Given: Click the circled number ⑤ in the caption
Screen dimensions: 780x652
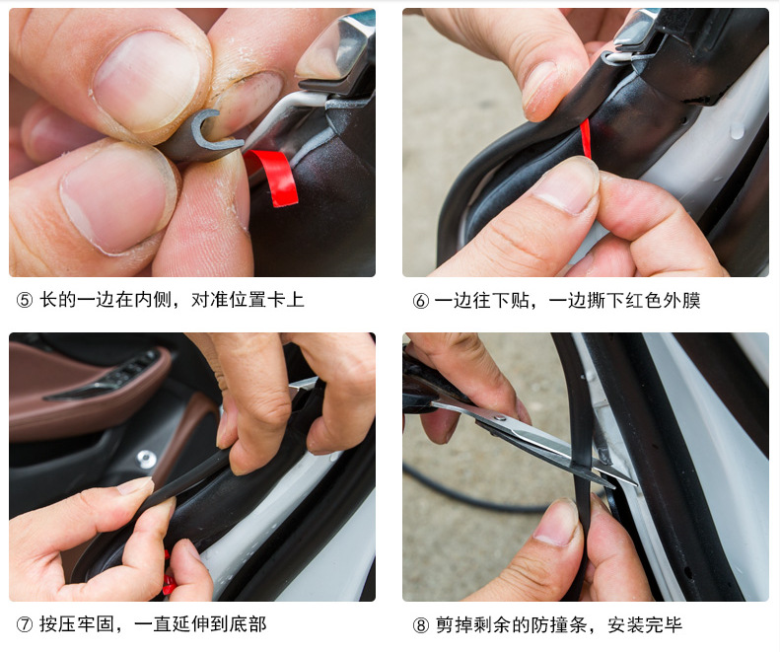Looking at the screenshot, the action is click(x=25, y=300).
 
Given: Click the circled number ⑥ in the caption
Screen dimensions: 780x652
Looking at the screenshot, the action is click(x=420, y=301).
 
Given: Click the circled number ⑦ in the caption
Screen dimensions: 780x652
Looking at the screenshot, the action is click(x=25, y=624).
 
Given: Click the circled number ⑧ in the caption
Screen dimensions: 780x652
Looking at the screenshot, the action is click(x=420, y=625).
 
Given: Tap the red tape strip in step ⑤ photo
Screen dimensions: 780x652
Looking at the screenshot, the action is click(x=275, y=177).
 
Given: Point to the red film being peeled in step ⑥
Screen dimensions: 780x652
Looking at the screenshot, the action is click(x=586, y=138).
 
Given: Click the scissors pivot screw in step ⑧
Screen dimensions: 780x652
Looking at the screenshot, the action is click(x=499, y=418).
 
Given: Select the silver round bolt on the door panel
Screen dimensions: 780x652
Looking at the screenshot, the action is click(x=145, y=458).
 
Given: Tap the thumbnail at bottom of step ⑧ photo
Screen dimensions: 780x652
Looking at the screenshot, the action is click(x=557, y=523).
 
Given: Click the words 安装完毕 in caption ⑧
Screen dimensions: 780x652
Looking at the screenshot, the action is click(x=645, y=625).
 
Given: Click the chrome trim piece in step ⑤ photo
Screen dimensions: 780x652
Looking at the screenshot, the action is click(x=338, y=55).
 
